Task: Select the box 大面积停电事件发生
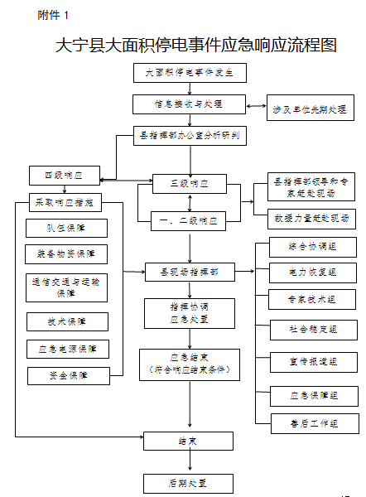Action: coord(190,72)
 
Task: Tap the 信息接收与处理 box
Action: coord(190,104)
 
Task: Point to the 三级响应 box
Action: coord(190,184)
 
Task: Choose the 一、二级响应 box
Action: coord(190,220)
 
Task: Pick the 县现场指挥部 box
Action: coord(190,270)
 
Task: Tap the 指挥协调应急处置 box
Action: coord(190,311)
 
